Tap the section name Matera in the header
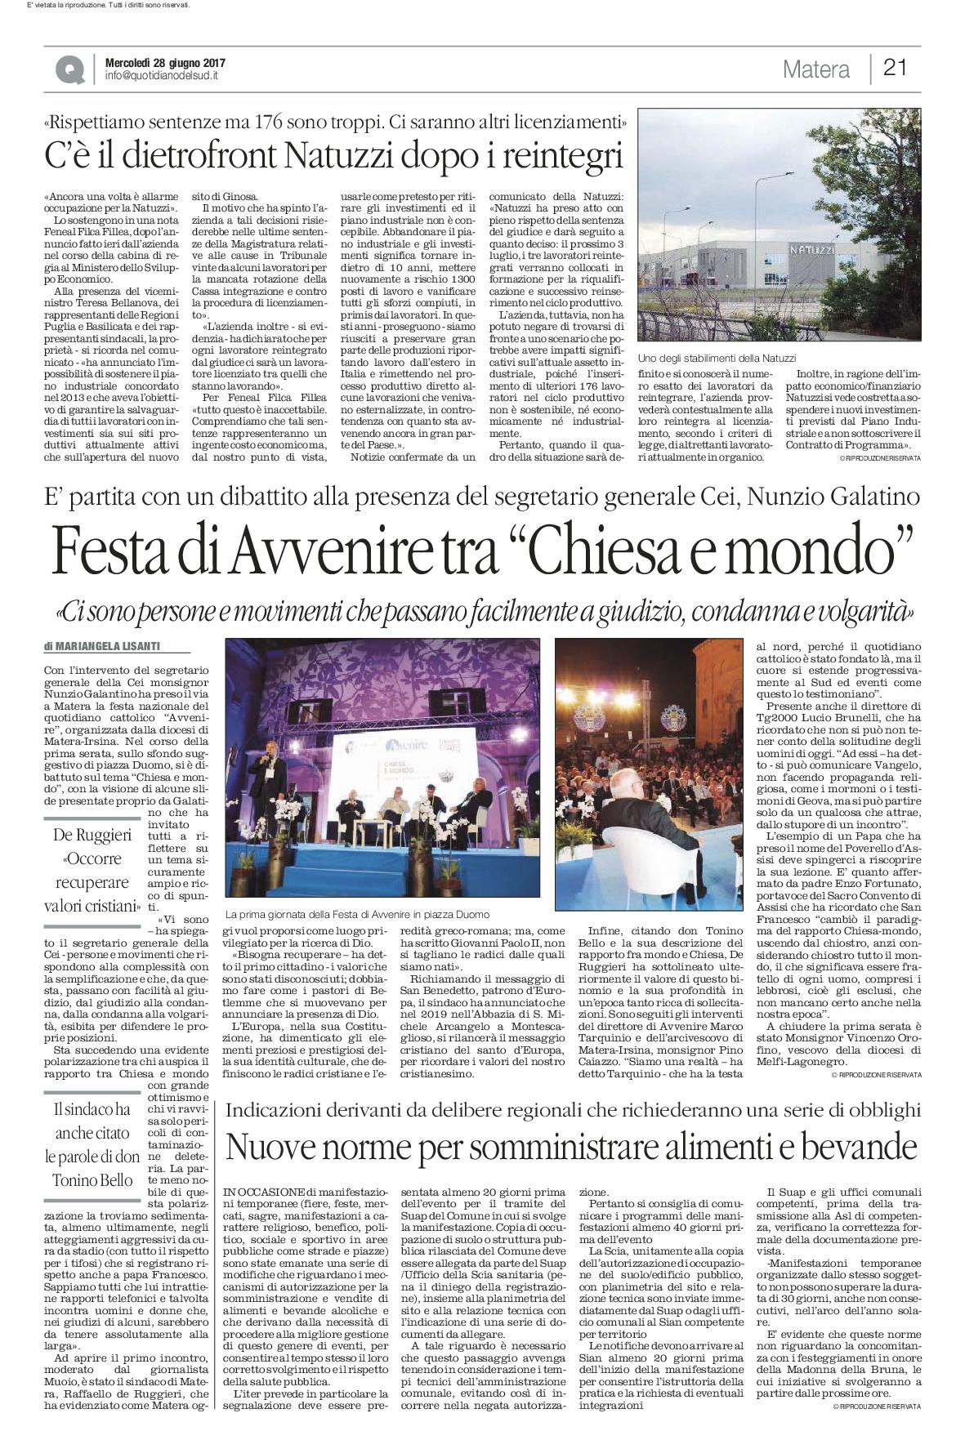[x=815, y=69]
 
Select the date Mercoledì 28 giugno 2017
[x=165, y=63]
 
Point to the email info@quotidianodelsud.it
[x=162, y=76]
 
